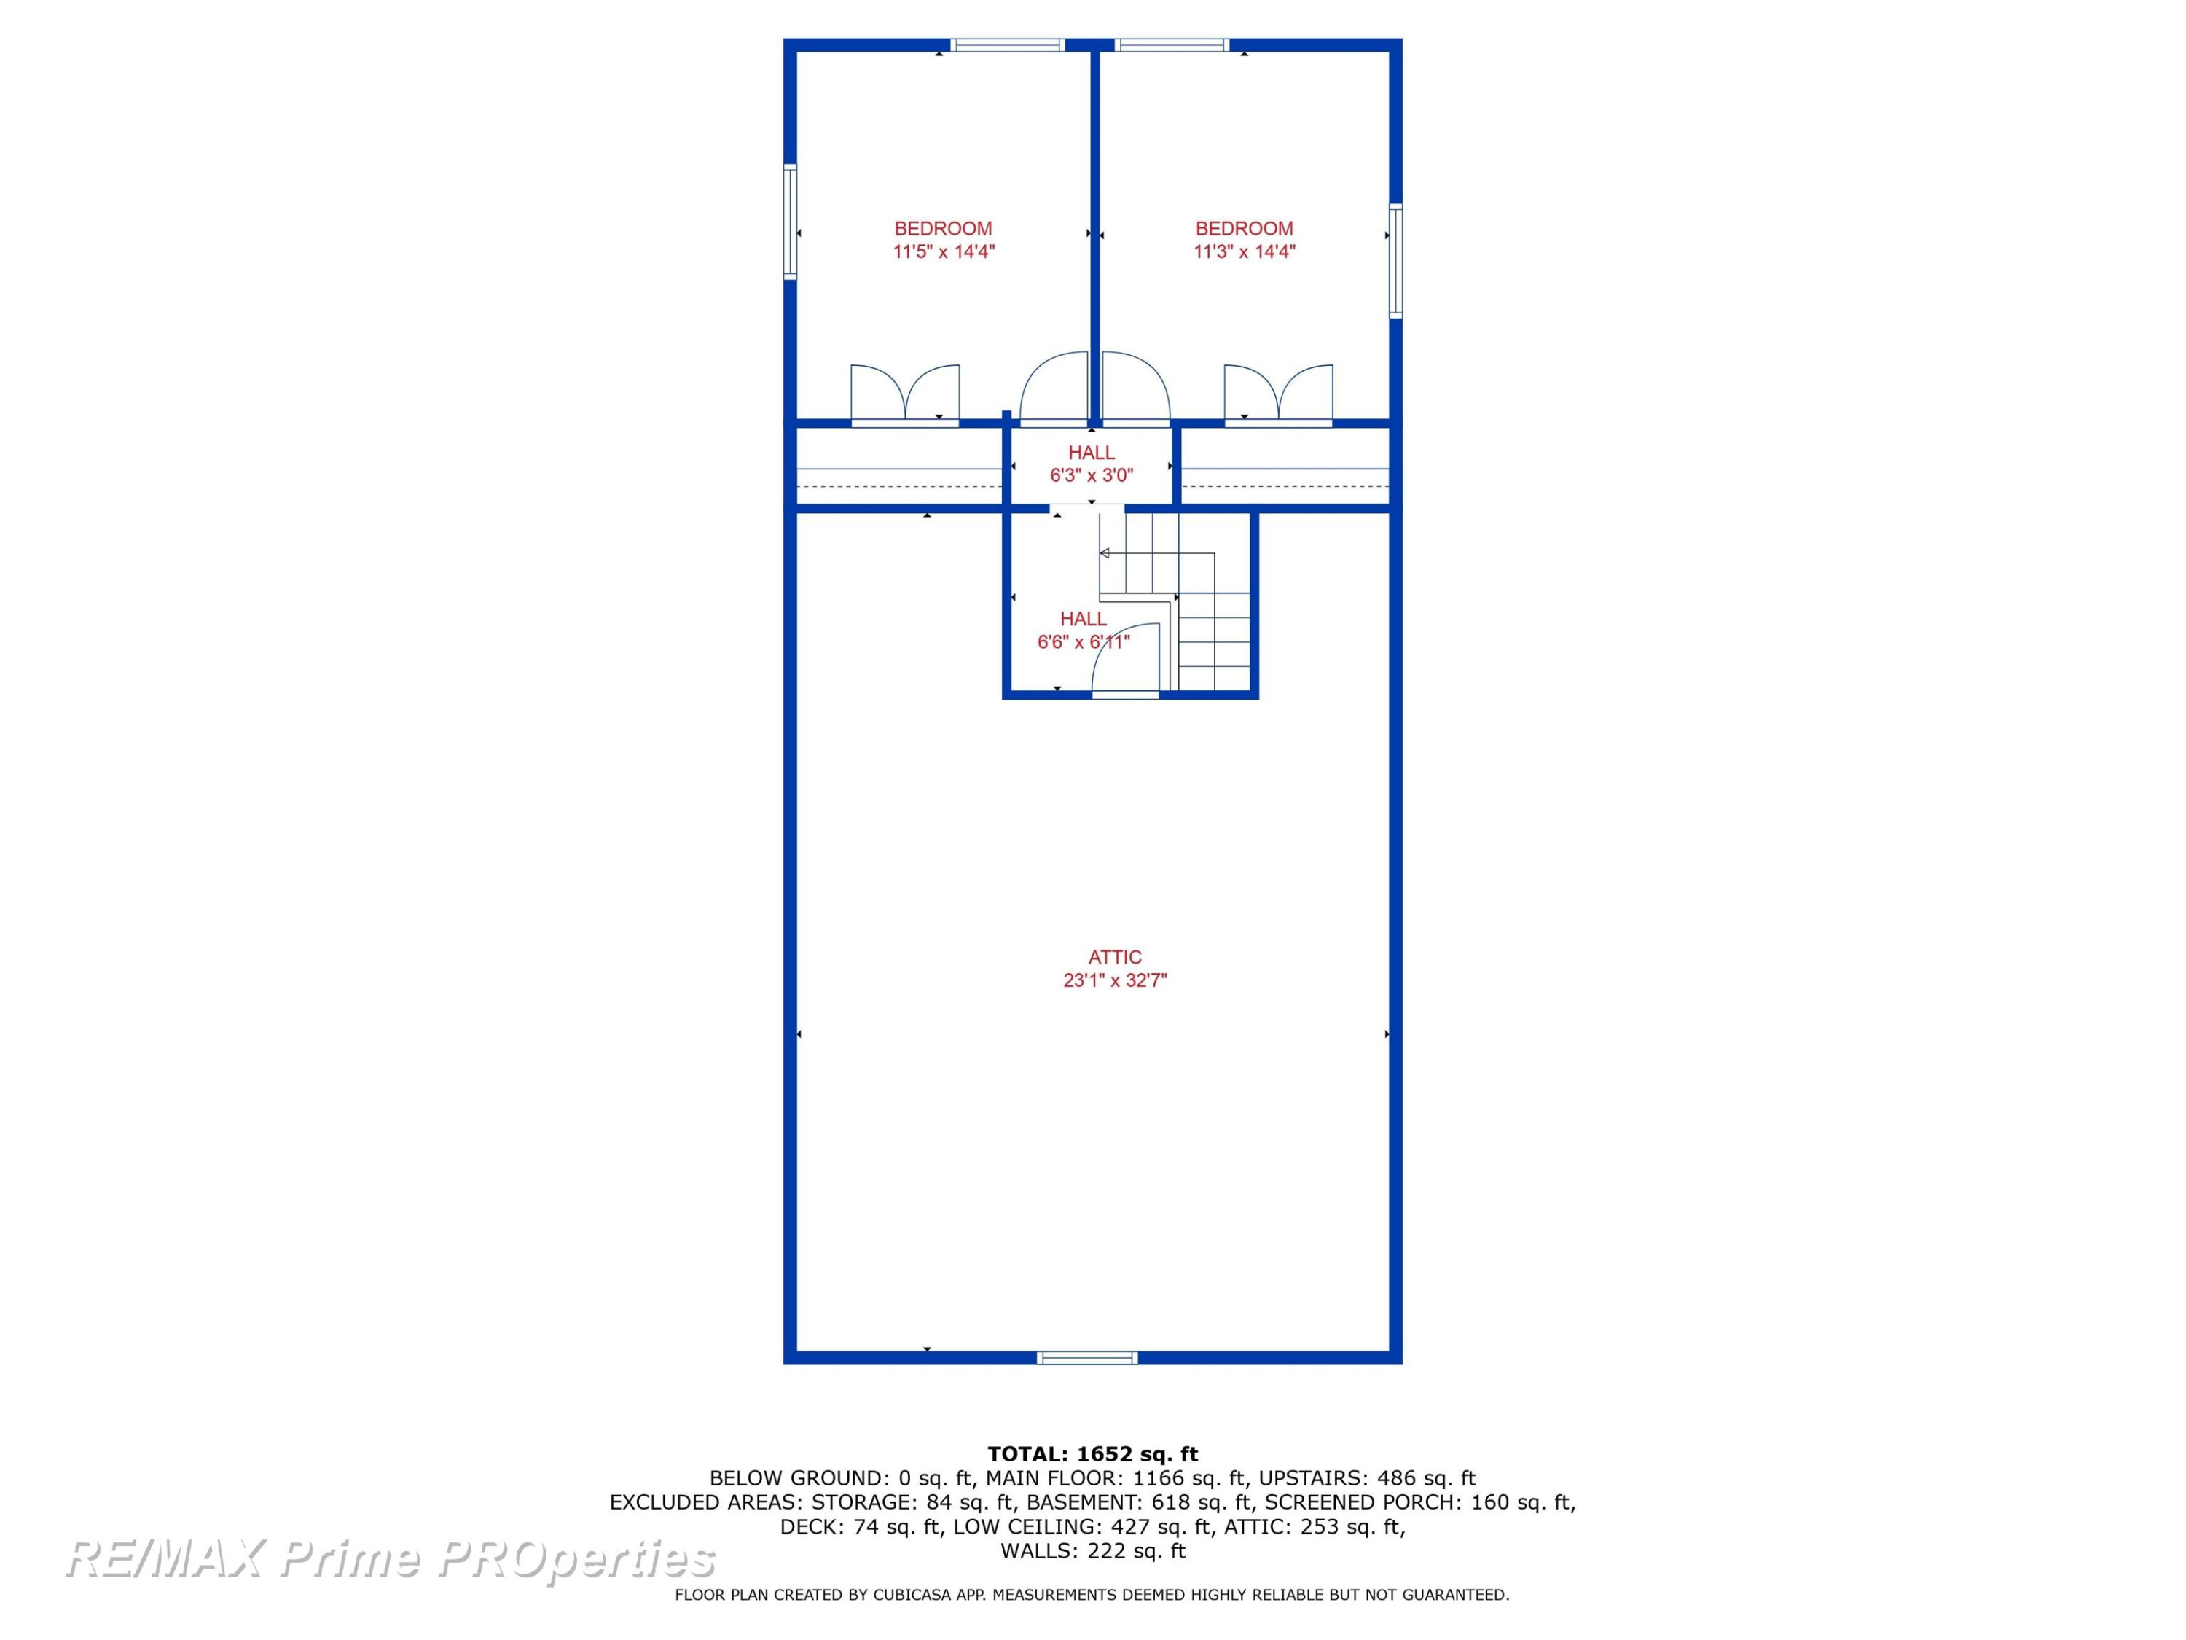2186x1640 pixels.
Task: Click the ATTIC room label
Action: click(x=1115, y=957)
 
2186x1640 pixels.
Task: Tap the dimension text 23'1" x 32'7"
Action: click(x=1115, y=980)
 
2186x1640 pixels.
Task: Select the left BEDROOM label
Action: click(x=943, y=228)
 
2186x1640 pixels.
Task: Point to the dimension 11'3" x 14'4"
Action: click(x=1245, y=251)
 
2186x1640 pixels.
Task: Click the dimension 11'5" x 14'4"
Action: click(x=944, y=251)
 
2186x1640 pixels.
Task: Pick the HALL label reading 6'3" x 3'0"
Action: click(x=1091, y=453)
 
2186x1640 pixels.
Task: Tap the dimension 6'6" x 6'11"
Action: click(x=1083, y=641)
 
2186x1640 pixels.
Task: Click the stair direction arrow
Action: click(x=1105, y=552)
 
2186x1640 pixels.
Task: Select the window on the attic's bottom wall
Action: click(x=1087, y=1357)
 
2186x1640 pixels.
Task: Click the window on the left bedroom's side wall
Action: click(x=791, y=222)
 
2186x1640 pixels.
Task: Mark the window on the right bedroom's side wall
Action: click(x=1395, y=260)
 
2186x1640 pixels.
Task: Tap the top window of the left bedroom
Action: click(x=1008, y=44)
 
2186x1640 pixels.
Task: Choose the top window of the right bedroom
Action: click(x=1172, y=44)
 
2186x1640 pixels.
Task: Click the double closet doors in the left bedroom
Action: click(x=905, y=394)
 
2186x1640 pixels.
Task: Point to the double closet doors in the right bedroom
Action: click(x=1279, y=394)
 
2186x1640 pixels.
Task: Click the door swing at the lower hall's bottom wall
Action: click(x=1126, y=660)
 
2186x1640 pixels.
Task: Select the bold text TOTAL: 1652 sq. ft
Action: click(x=1092, y=1454)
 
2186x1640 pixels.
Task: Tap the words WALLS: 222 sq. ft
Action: click(x=1092, y=1551)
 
